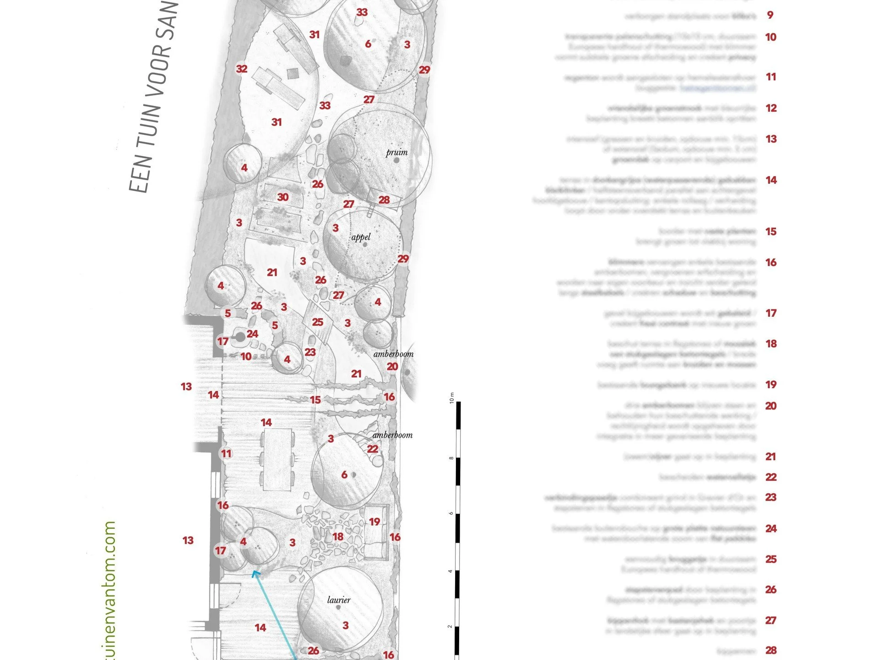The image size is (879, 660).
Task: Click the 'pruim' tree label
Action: point(396,152)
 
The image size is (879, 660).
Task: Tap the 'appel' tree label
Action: point(361,237)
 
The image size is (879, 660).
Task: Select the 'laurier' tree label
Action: point(339,600)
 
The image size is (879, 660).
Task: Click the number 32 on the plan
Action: point(242,69)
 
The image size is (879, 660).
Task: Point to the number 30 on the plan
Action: point(282,197)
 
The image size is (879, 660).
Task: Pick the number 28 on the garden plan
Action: point(384,199)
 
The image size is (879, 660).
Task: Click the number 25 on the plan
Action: point(318,322)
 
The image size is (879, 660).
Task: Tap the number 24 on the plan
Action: point(252,334)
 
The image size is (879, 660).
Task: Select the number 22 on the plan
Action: point(373,449)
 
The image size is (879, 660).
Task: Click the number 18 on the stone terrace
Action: point(338,536)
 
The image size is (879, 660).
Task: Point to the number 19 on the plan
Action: point(374,522)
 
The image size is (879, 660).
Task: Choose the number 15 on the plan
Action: point(315,400)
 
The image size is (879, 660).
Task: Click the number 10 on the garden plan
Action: point(246,356)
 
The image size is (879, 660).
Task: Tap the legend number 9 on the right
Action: point(770,15)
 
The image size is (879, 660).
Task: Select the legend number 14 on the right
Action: point(771,180)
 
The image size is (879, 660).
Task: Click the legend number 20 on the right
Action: point(770,406)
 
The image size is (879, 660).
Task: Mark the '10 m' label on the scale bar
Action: point(451,397)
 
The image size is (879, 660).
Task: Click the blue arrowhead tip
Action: point(254,572)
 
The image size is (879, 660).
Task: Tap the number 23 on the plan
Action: point(310,352)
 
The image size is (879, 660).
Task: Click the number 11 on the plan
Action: point(226,453)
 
